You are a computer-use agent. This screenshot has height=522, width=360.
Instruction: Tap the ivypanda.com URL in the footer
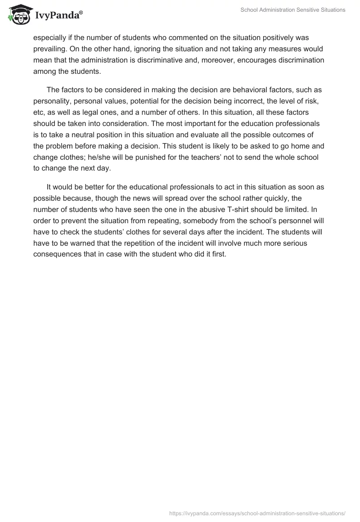257,513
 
